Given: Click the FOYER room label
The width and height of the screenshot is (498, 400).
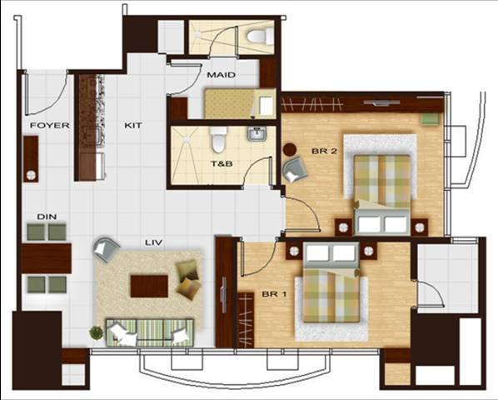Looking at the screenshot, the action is [49, 126].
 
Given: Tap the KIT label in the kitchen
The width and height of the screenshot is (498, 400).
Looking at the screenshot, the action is [132, 126].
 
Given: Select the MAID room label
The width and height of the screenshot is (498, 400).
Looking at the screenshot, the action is [221, 75].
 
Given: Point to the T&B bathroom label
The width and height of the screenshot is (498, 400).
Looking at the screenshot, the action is [222, 164].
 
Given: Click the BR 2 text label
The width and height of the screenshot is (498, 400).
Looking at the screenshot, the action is [324, 151].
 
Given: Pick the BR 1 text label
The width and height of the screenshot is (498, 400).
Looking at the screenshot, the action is [274, 294].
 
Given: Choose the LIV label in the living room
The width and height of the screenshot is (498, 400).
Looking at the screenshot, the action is [154, 242].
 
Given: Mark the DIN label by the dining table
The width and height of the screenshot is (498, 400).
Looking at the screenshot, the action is [47, 217].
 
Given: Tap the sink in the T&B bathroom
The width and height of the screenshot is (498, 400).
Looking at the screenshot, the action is [257, 134].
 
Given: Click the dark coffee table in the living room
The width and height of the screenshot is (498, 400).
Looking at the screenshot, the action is [149, 287].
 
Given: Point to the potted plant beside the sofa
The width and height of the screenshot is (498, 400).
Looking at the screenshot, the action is [97, 333].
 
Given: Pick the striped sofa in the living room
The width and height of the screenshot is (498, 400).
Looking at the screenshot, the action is [150, 332].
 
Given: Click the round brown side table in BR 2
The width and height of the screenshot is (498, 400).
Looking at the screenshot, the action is [290, 149].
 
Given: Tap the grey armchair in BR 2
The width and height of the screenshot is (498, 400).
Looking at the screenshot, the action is [295, 170].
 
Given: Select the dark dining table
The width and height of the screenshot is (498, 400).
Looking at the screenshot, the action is [47, 258].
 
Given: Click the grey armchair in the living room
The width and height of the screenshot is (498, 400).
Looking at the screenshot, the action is [107, 249].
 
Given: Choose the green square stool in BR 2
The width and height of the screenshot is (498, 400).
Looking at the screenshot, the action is [431, 119].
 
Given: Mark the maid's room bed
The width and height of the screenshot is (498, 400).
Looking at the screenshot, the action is [240, 103].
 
